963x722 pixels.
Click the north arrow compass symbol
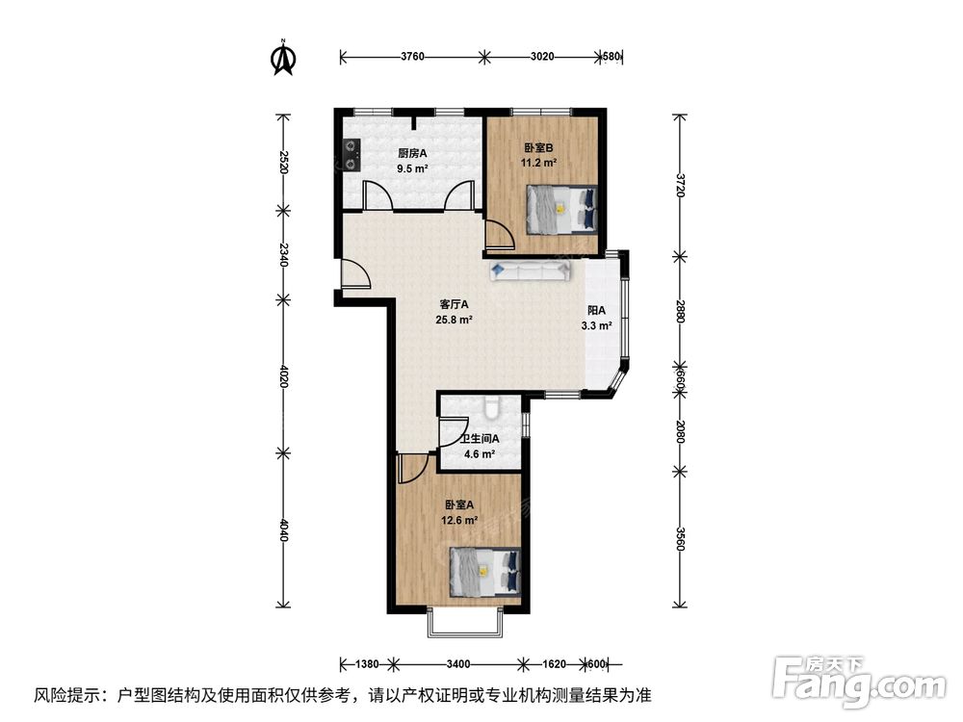click(x=284, y=57)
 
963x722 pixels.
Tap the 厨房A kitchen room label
click(x=412, y=153)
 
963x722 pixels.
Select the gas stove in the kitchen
click(x=351, y=155)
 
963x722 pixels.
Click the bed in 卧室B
click(x=562, y=209)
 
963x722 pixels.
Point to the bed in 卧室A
click(x=485, y=572)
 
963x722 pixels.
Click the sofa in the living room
click(x=530, y=271)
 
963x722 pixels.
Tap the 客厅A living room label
click(x=455, y=304)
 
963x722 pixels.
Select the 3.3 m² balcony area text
click(x=596, y=326)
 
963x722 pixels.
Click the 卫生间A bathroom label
click(x=480, y=439)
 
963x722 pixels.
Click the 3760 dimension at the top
click(x=412, y=57)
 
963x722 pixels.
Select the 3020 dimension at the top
click(x=541, y=57)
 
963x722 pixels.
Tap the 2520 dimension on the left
click(x=283, y=162)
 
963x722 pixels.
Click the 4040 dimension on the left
click(x=283, y=530)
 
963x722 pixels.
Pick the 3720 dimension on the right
click(x=679, y=185)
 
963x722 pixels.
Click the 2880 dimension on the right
click(x=679, y=311)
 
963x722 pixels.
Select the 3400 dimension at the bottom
click(x=458, y=663)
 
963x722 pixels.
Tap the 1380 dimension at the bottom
click(x=367, y=663)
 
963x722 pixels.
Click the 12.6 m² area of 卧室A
click(x=459, y=520)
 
